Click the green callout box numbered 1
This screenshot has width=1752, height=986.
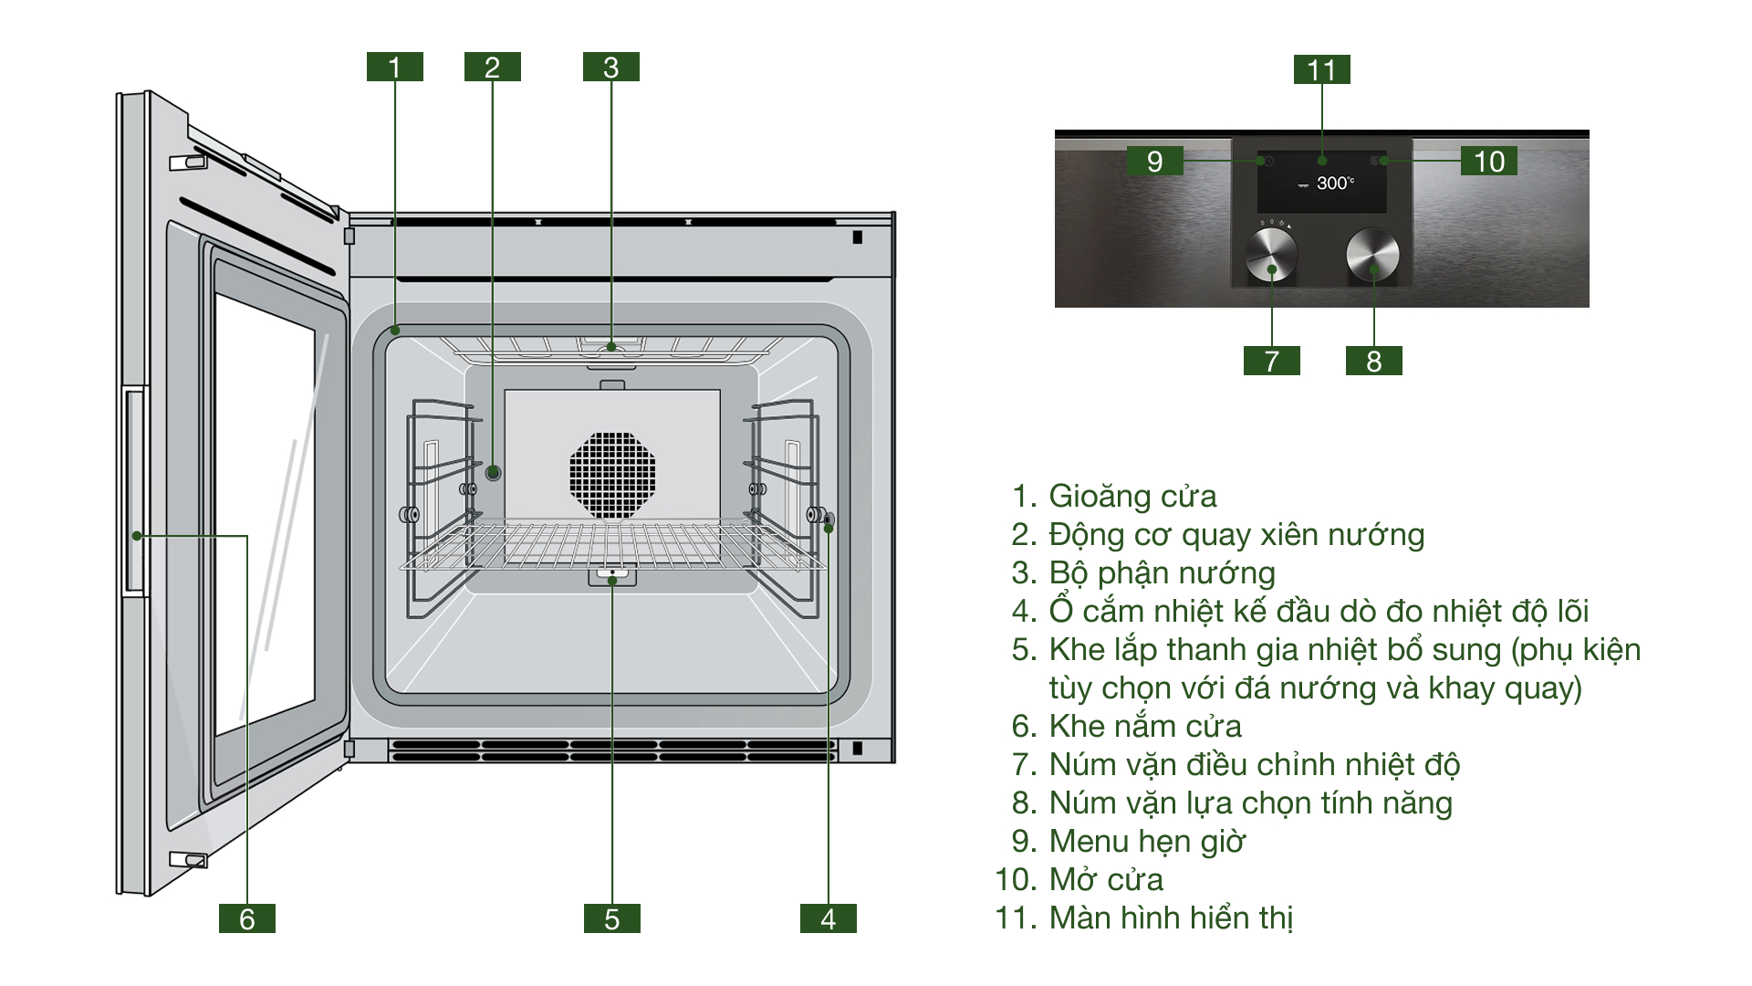(x=394, y=67)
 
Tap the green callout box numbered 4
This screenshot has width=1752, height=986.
(x=828, y=918)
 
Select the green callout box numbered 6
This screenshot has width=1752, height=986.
(x=246, y=918)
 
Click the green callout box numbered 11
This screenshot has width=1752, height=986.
(x=1321, y=69)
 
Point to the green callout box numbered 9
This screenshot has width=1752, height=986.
(x=1154, y=161)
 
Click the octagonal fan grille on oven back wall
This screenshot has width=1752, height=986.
(x=612, y=475)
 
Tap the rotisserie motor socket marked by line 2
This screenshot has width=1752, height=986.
(x=493, y=472)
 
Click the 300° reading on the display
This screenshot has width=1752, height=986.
(x=1334, y=184)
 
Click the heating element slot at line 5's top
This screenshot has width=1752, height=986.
(x=612, y=576)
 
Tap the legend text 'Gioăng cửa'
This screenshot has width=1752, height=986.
(x=1131, y=496)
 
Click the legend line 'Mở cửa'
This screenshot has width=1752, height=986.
(x=1106, y=879)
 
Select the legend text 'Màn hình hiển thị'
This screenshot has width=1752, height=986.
(x=1171, y=918)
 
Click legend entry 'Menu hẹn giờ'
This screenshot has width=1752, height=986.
(x=1146, y=841)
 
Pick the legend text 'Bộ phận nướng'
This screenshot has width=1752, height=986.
(x=1162, y=572)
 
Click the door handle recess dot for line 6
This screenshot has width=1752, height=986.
(x=137, y=536)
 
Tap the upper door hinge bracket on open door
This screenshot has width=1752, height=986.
(x=188, y=163)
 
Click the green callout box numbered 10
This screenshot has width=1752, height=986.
(x=1488, y=161)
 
